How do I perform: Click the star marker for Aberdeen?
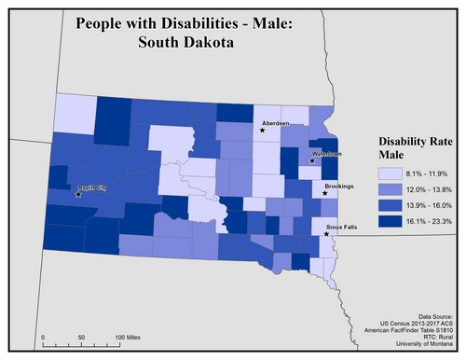263,131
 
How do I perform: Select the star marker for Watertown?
312,161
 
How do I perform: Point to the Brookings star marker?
324,194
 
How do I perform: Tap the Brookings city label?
341,187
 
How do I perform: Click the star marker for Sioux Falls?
326,234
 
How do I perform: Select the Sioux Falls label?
342,227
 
